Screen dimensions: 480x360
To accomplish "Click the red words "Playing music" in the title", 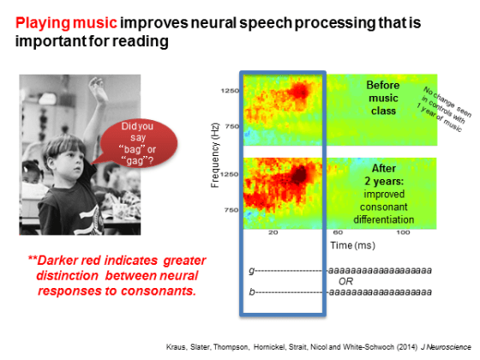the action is [x=66, y=23].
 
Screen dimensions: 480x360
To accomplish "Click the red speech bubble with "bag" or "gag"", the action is [x=137, y=143].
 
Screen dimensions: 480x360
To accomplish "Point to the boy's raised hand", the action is [x=98, y=88].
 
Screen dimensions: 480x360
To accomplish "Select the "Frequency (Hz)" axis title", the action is [x=215, y=155].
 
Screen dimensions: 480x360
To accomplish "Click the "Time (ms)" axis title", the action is [x=352, y=245].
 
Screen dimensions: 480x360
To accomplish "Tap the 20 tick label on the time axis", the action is [x=273, y=232].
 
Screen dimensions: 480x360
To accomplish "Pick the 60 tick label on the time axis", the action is [x=338, y=232].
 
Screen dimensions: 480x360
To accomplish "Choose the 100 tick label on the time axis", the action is [x=403, y=232].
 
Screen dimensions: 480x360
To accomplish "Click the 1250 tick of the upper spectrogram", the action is [x=230, y=91].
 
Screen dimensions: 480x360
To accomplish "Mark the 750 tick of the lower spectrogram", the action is [x=231, y=210].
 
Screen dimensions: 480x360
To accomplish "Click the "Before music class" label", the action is [x=383, y=98].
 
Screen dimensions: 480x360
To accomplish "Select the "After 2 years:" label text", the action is [x=384, y=175].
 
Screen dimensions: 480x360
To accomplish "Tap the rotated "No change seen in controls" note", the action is [x=444, y=110].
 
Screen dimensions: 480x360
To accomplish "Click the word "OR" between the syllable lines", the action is [x=345, y=281].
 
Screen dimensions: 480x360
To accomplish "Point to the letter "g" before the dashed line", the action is [x=252, y=271].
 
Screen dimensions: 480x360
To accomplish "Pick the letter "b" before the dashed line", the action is [x=252, y=292].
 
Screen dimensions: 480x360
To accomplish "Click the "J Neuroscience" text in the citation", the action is [x=446, y=347].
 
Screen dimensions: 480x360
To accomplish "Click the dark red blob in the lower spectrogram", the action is [x=298, y=175].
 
